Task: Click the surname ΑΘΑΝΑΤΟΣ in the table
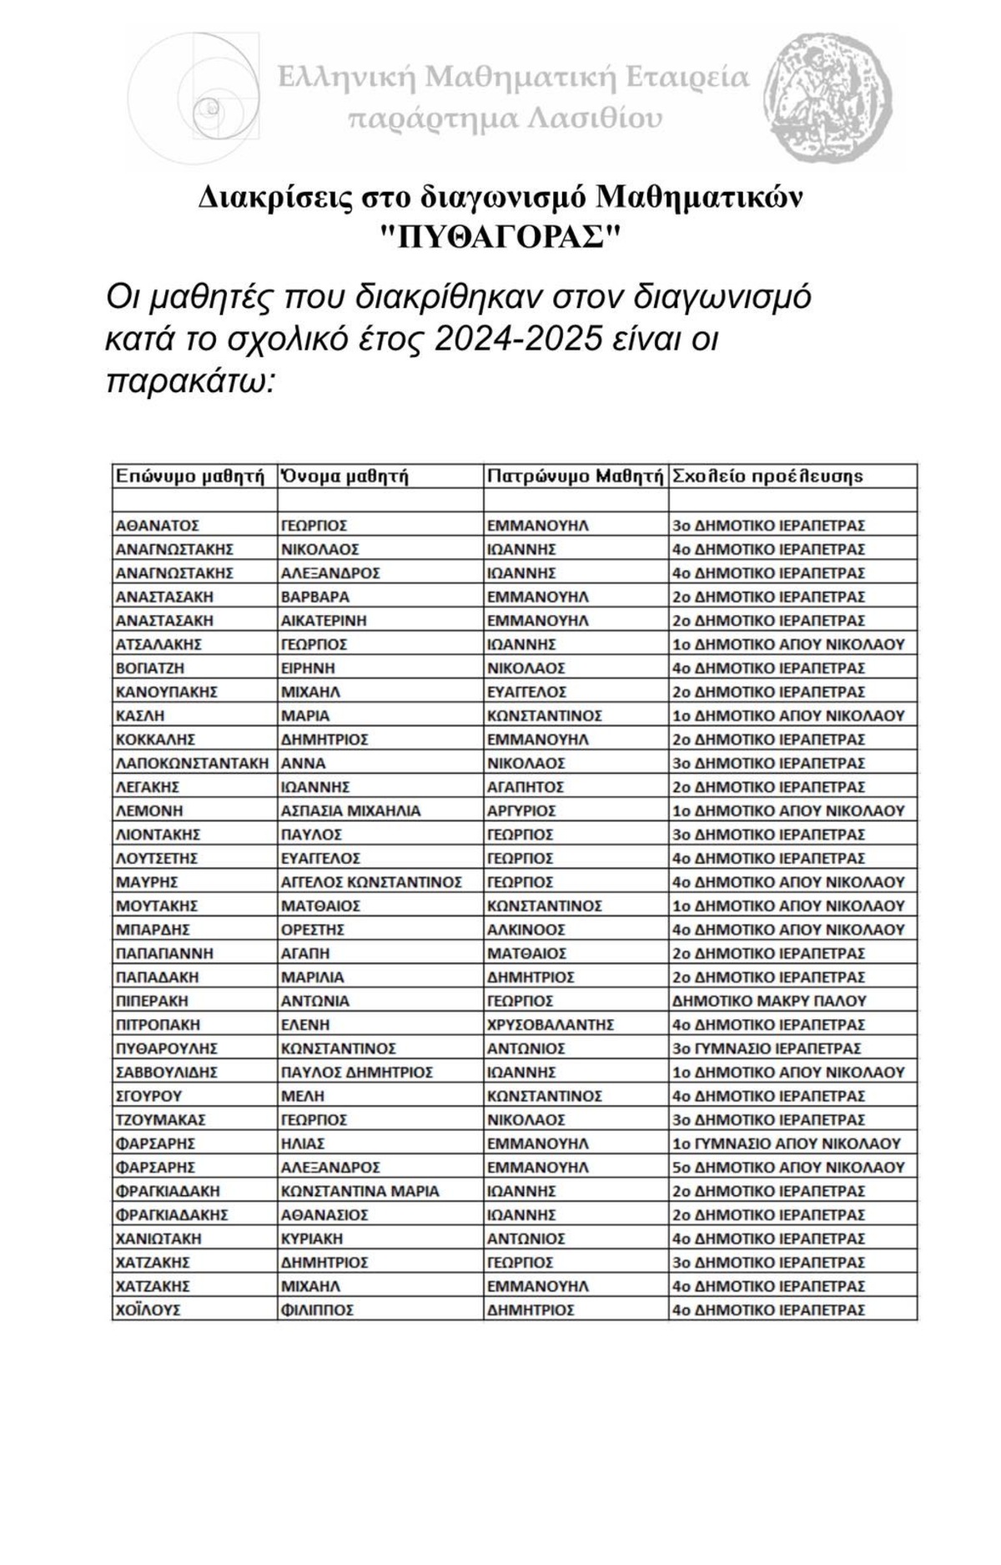pos(158,526)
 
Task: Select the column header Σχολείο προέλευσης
pos(767,477)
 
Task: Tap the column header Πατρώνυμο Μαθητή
pos(575,477)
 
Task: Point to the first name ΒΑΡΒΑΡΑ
pos(315,597)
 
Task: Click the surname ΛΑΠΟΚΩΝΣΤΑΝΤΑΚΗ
pos(193,763)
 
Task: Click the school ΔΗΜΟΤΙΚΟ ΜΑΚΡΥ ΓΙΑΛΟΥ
pos(769,1001)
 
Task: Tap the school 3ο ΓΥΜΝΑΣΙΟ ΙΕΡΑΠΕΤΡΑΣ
pos(767,1048)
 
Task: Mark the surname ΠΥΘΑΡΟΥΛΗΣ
pos(167,1048)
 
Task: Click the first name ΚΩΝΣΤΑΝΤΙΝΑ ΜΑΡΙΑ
pos(360,1191)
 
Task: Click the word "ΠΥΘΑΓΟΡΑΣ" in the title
pos(500,237)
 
